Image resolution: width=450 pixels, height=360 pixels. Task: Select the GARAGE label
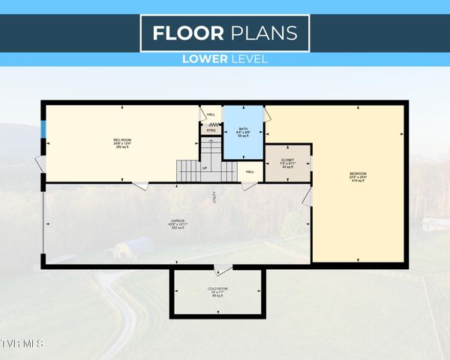click(x=178, y=220)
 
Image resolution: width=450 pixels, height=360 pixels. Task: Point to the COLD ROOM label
click(x=217, y=288)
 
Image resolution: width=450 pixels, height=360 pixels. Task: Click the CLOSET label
click(x=288, y=160)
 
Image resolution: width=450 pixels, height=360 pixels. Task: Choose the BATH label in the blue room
click(x=243, y=128)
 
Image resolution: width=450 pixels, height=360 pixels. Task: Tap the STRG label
click(x=211, y=130)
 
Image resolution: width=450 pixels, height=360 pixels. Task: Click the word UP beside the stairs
click(x=205, y=168)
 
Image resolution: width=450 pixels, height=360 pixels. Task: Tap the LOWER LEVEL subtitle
click(x=225, y=59)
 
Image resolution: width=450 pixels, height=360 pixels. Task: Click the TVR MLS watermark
click(x=22, y=343)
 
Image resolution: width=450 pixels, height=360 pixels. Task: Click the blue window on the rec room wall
click(x=43, y=130)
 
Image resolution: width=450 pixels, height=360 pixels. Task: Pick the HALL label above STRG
click(x=211, y=115)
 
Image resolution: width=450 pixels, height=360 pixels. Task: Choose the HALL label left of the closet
click(x=249, y=172)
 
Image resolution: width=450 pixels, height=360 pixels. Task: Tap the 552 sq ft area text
click(x=178, y=227)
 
